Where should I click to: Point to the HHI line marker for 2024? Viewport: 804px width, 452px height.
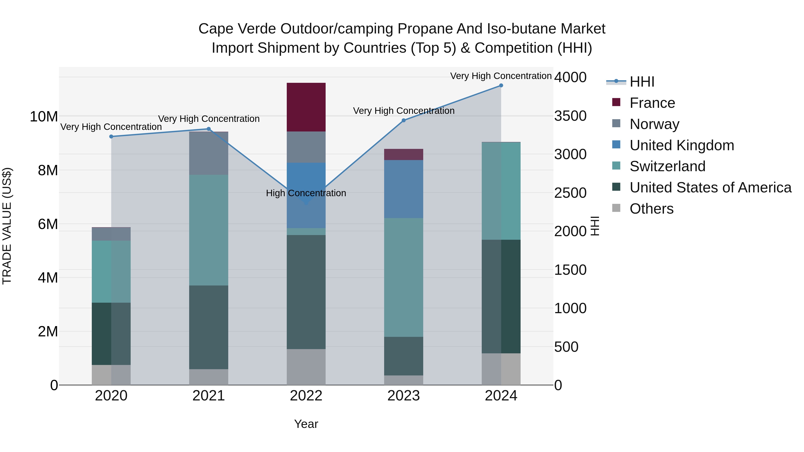(x=501, y=85)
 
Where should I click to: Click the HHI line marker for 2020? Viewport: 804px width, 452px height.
(x=111, y=136)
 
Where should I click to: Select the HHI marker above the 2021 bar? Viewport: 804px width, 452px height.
(x=209, y=129)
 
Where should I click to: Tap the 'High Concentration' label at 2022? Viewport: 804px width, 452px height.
(x=306, y=193)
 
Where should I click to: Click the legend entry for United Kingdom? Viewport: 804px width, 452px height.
(x=681, y=145)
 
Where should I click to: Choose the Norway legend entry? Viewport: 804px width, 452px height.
(x=654, y=124)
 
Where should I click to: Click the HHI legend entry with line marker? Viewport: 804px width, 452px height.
(x=642, y=82)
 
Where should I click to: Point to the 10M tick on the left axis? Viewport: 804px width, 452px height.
(x=44, y=117)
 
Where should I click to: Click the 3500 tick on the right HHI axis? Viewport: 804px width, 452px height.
(x=570, y=116)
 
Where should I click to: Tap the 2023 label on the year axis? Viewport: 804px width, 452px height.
(x=403, y=396)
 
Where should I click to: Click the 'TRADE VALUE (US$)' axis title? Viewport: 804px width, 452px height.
(x=7, y=226)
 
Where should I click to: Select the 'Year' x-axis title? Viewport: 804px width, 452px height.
(x=306, y=424)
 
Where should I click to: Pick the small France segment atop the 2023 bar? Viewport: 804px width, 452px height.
(x=403, y=154)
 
